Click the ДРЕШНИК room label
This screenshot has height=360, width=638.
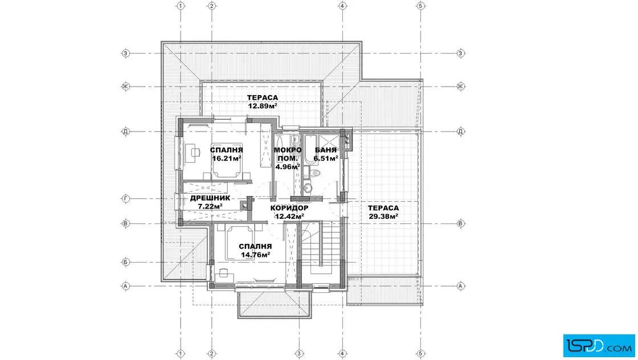point(210,198)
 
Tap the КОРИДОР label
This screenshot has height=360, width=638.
point(289,208)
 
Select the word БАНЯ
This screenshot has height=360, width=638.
point(326,150)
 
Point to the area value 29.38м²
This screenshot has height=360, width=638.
point(383,216)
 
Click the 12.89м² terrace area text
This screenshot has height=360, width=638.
point(263,106)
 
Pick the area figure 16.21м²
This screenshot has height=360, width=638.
point(227,158)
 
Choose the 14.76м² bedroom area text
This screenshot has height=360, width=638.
point(256,255)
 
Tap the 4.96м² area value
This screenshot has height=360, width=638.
point(288,166)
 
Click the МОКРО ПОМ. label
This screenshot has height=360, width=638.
point(288,154)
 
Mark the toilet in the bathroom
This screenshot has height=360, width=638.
point(314,173)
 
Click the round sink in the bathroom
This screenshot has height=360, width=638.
point(308,189)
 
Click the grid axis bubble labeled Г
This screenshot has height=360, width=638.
point(126,199)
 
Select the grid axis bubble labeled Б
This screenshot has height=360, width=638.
point(126,263)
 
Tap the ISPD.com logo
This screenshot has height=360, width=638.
point(599,346)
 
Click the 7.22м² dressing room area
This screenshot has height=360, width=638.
point(210,206)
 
